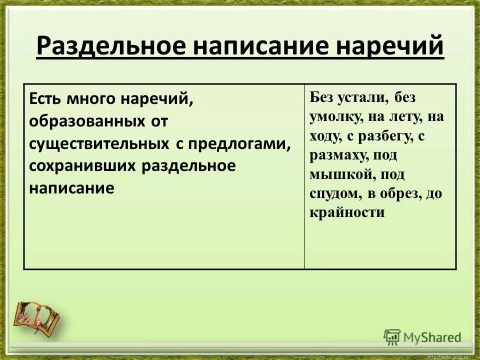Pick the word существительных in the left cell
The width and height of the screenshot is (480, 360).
pyautogui.click(x=98, y=143)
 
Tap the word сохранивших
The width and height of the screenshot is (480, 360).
pyautogui.click(x=82, y=166)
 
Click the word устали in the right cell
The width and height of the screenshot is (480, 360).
pyautogui.click(x=363, y=97)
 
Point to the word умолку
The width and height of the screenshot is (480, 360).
pyautogui.click(x=335, y=117)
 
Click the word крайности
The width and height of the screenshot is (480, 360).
pyautogui.click(x=347, y=212)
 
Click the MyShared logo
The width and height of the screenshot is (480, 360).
pyautogui.click(x=422, y=336)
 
